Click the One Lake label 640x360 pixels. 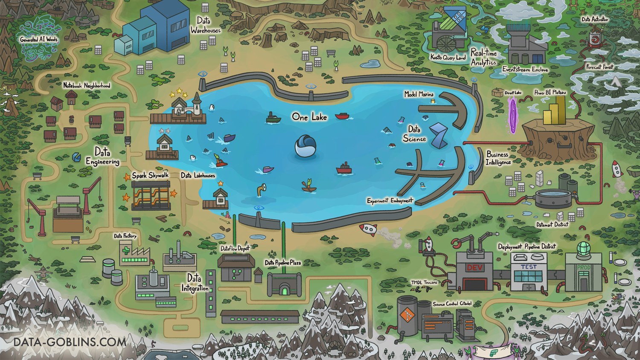point(309,117)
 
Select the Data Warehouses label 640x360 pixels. point(205,25)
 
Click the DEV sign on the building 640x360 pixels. point(474,268)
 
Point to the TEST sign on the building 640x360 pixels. point(528,267)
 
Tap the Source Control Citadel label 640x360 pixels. point(452,304)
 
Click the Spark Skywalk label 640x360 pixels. point(150,175)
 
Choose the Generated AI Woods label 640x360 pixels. point(38,39)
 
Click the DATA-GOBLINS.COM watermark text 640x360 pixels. point(70,342)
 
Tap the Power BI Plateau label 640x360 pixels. point(550,92)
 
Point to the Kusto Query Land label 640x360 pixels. point(448,57)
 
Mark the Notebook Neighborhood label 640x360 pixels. point(87,86)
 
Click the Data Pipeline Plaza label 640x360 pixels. point(282,263)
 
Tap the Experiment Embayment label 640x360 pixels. point(390,200)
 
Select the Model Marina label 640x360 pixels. point(419,94)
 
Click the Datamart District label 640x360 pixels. point(552,224)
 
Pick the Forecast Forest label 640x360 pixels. point(599,67)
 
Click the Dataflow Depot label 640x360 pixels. point(235,248)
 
